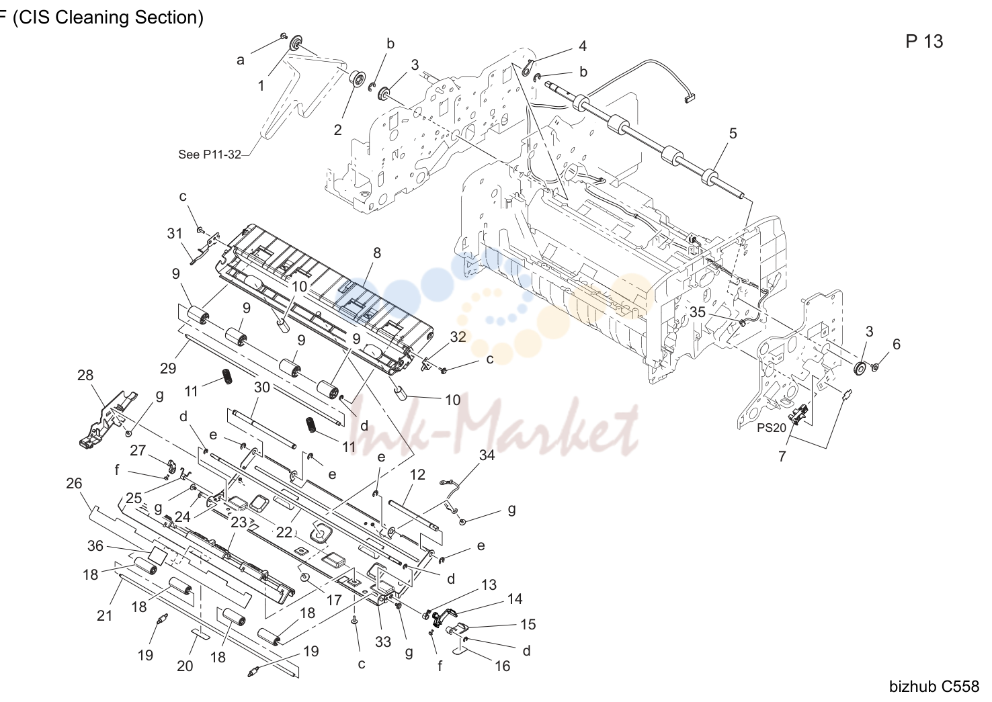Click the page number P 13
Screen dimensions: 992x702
(924, 42)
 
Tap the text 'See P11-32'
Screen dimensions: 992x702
(210, 155)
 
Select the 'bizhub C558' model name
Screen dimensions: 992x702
(934, 686)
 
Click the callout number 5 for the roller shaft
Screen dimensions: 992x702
(733, 133)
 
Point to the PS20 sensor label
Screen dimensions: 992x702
(772, 428)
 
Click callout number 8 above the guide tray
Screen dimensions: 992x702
(377, 253)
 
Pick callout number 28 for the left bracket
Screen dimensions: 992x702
(85, 376)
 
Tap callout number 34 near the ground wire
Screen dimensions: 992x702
(487, 455)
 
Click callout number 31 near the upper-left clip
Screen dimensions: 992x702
(175, 233)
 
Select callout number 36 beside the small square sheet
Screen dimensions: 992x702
(95, 545)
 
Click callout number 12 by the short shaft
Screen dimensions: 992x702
(417, 474)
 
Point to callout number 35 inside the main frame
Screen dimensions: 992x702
(698, 312)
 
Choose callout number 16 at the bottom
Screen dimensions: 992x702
(502, 666)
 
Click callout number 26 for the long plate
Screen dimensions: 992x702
(74, 483)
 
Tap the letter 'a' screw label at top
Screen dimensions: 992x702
(241, 60)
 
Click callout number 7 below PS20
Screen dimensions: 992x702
(782, 456)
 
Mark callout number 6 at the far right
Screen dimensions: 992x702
(897, 344)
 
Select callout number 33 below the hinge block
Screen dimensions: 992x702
(383, 642)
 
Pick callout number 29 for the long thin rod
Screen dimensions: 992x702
(168, 368)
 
